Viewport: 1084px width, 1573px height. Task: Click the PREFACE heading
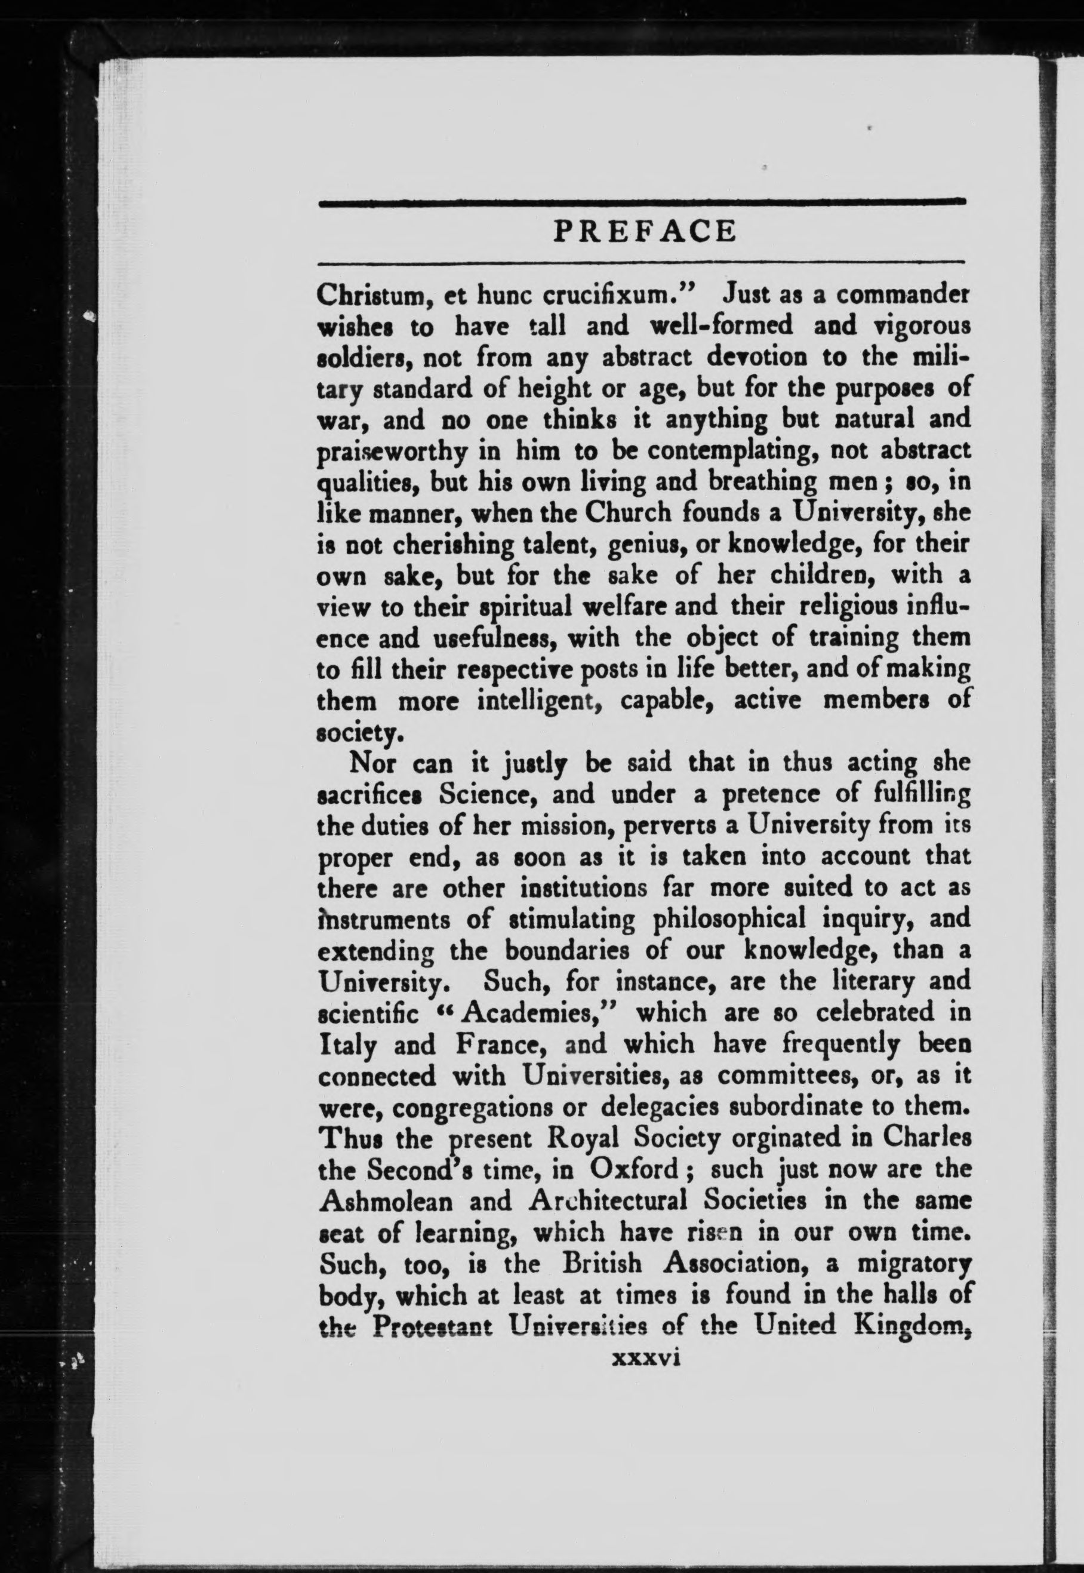644,231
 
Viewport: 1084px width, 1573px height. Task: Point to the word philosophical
729,919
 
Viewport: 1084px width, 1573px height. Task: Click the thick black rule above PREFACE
642,201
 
